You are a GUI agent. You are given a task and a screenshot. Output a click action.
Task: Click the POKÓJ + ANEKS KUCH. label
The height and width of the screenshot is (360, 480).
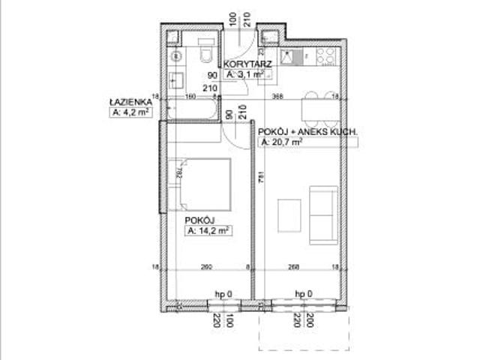pos(307,131)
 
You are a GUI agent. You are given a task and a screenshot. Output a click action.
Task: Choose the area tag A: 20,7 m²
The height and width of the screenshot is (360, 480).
pos(280,141)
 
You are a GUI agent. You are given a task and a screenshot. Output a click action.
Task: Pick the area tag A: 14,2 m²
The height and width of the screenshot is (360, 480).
pos(208,230)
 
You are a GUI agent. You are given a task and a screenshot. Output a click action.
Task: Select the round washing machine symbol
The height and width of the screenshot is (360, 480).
pos(177,55)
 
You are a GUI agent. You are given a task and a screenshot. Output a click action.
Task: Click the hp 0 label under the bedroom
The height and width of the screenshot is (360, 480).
pos(223,293)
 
